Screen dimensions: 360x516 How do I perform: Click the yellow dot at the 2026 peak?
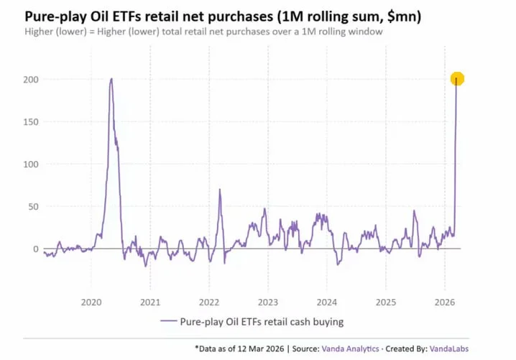point(457,79)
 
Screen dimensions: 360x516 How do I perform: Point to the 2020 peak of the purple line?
point(111,79)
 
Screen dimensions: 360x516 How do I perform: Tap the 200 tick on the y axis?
point(32,79)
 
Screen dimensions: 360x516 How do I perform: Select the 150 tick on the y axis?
point(32,121)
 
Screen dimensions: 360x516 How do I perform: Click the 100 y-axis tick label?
point(32,164)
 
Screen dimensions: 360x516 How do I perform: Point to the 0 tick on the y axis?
point(36,249)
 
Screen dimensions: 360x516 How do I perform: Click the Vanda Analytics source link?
point(351,349)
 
